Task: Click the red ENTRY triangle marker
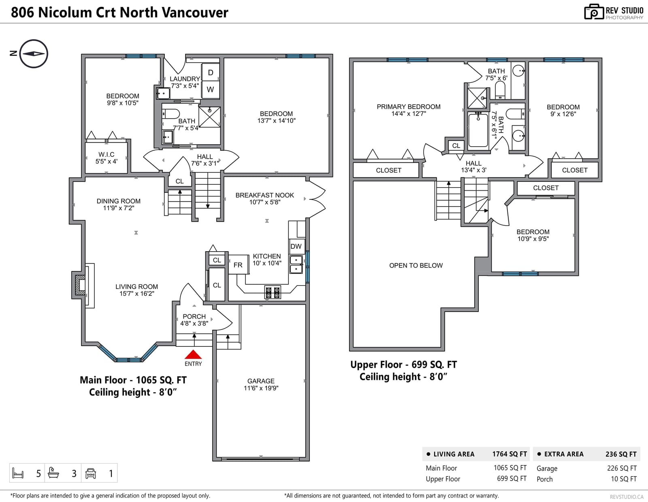point(193,355)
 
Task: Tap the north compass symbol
point(34,54)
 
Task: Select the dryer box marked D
point(211,72)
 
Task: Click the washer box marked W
point(211,90)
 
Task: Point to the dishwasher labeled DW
point(296,246)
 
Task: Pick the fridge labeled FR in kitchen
point(238,265)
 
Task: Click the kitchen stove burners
point(273,292)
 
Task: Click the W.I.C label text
point(107,154)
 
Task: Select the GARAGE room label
point(261,381)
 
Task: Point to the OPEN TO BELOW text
point(416,265)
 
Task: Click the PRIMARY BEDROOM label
point(409,107)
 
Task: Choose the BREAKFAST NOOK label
point(265,195)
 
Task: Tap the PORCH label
point(194,316)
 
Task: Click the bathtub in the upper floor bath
point(478,130)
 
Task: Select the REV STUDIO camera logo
point(594,12)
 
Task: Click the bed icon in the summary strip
point(18,473)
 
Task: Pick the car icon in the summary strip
point(91,473)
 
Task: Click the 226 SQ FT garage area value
point(622,468)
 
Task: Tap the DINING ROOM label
point(118,201)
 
